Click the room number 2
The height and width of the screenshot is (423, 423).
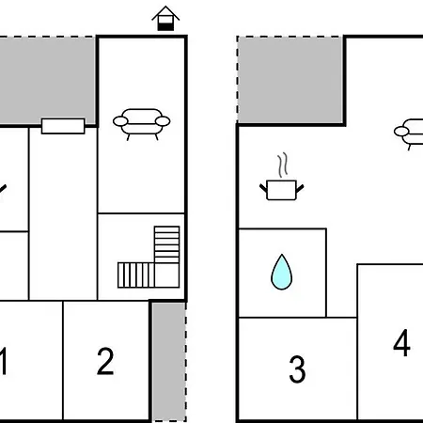105,361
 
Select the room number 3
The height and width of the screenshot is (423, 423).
297,369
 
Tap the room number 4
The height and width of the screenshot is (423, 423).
401,342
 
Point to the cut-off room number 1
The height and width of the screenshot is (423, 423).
3,361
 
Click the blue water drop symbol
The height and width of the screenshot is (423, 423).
281,272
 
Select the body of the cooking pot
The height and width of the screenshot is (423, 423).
281,190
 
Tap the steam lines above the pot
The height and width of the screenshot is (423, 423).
283,165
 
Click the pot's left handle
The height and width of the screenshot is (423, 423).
263,188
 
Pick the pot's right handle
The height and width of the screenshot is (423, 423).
300,188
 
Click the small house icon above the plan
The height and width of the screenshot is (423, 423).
165,18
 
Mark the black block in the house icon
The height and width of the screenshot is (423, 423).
165,27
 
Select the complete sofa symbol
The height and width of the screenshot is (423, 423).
142,124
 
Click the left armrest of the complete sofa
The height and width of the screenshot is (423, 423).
120,121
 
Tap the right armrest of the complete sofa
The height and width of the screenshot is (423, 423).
163,121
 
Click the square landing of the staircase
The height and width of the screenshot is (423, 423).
167,275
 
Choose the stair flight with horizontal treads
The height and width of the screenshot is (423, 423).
167,244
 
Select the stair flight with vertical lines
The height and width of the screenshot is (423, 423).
136,275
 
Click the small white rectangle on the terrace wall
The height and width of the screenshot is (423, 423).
63,126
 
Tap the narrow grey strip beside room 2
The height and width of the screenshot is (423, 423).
169,362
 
